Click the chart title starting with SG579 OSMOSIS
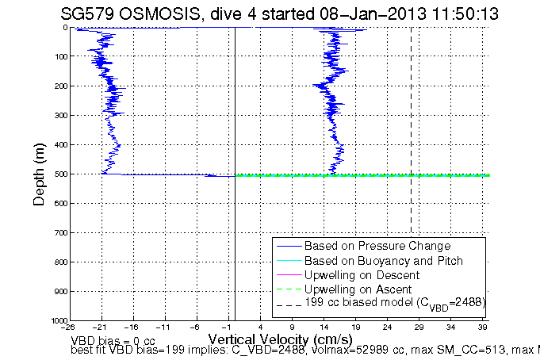(274, 12)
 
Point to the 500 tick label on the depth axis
(59, 174)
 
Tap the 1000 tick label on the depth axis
(57, 320)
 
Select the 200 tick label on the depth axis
(59, 86)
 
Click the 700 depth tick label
(59, 233)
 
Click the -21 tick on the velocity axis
(101, 327)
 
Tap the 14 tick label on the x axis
(324, 327)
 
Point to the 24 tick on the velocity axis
(388, 327)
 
